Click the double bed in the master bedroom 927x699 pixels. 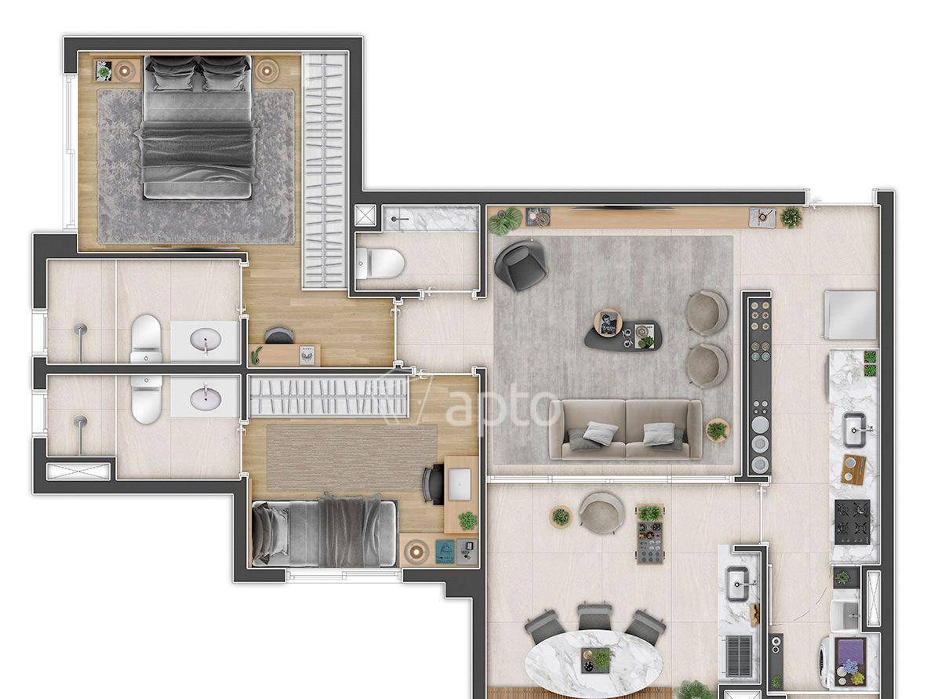[198, 127]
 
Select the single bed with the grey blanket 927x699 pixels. [324, 532]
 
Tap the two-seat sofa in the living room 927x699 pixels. [626, 429]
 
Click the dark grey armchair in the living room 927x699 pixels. [521, 264]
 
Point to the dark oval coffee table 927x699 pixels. [622, 335]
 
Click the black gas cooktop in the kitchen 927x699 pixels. [852, 522]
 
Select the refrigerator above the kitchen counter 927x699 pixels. [850, 315]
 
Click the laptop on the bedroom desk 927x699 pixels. [460, 484]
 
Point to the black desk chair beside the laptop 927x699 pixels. [434, 484]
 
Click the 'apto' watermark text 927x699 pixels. [503, 404]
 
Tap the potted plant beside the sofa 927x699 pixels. [718, 429]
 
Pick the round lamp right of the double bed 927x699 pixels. [267, 71]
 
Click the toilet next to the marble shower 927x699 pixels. [380, 263]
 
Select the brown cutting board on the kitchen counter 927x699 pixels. [853, 470]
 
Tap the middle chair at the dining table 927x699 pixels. [594, 617]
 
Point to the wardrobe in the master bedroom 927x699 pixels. [324, 170]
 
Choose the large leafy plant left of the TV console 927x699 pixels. [506, 220]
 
